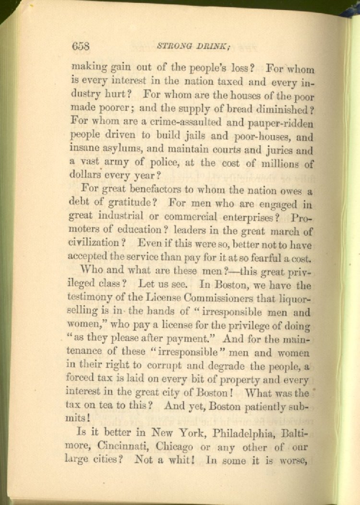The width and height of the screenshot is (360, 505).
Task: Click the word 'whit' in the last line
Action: (x=180, y=461)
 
